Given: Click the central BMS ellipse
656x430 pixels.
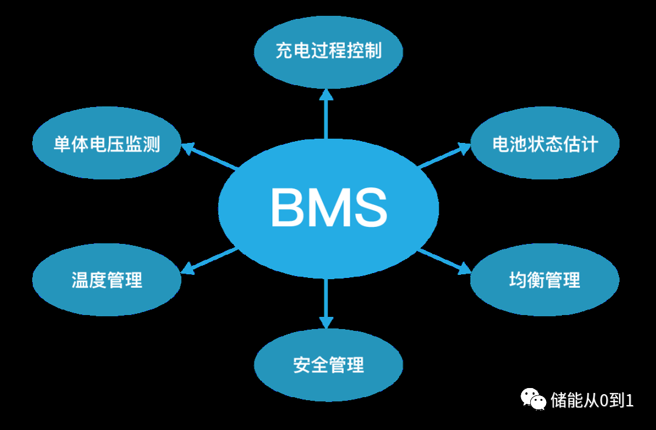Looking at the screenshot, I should pos(328,207).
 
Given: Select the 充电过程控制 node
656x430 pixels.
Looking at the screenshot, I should pos(328,51).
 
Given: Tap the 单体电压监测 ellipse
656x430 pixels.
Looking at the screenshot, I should pos(106,144).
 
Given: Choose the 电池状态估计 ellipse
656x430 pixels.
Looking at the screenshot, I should pos(545,144).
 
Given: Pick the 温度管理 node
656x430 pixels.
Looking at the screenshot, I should pos(106,280).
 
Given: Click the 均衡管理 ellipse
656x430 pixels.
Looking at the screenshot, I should pos(545,280).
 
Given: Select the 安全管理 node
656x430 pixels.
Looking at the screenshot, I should pos(328,365).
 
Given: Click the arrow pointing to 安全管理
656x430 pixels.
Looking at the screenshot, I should pos(326,304).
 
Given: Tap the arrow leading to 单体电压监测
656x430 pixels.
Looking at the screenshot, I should pos(210,156).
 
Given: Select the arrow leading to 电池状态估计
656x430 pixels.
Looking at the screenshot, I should pos(443,156).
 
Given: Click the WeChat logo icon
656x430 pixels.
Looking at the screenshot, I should pos(533,399).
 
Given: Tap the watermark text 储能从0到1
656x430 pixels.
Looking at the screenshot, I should pos(592,400).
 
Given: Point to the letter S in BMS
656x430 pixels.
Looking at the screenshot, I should pos(367,207).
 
